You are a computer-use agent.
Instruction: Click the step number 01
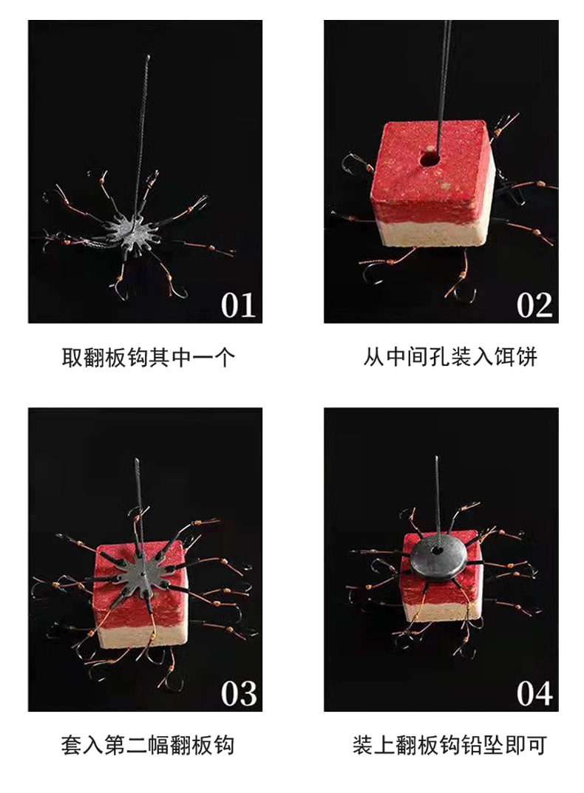coord(238,305)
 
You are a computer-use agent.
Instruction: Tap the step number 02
coord(534,305)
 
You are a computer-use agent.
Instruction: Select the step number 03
coord(238,693)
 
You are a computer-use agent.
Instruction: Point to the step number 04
coord(534,693)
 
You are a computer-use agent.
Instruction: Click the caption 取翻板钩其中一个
coord(148,358)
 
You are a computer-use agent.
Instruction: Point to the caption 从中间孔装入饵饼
coord(450,357)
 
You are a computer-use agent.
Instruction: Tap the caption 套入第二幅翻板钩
coord(148,746)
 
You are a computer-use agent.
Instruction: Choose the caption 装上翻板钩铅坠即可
coord(450,746)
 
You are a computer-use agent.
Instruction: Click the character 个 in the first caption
coord(224,358)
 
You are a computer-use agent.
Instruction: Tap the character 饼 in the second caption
coord(526,357)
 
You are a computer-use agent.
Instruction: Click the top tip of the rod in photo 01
coord(149,57)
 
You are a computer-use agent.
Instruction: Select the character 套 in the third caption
coord(72,746)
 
